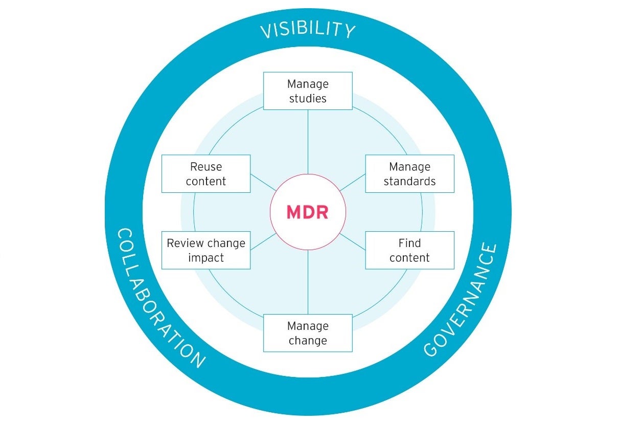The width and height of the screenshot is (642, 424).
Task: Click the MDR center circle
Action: pos(308,212)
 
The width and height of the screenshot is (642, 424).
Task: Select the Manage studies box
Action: pos(308,91)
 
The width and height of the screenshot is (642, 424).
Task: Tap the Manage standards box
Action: pos(409,174)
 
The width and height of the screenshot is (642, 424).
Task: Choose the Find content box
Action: pos(409,250)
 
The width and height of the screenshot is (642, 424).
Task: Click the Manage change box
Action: pos(308,333)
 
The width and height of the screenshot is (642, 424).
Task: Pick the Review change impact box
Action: pos(206,250)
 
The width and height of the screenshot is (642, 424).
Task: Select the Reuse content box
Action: pos(206,174)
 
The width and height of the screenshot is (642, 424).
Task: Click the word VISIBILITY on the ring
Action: pos(308,31)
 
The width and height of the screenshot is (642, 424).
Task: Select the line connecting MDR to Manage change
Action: pos(308,282)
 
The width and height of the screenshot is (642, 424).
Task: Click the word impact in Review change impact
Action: pos(206,257)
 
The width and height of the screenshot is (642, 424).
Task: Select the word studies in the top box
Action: pos(308,98)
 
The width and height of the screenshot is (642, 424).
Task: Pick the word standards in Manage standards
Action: pos(409,181)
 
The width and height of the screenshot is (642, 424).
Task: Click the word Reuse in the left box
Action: pos(206,167)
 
